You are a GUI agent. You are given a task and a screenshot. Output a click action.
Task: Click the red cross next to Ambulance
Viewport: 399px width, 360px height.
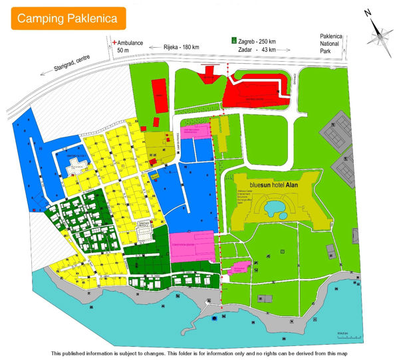coord(113,41)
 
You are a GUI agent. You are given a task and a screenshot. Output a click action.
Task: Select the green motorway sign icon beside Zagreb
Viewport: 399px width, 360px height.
coord(233,41)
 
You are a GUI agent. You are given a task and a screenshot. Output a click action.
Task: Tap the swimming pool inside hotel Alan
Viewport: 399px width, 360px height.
coord(275,209)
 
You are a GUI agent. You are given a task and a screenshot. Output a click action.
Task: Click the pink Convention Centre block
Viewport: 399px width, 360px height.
coord(192,246)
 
